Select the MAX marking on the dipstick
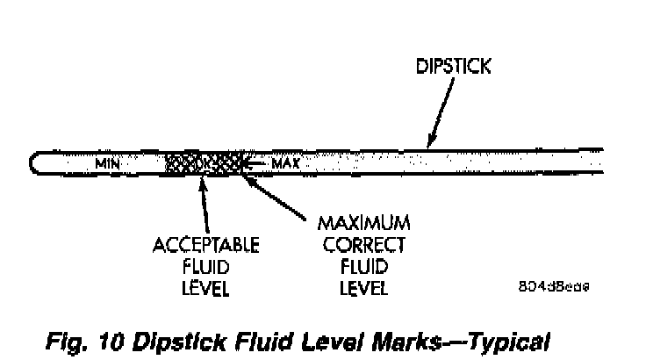click(286, 163)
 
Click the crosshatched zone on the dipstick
click(203, 162)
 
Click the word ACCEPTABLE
click(202, 241)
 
